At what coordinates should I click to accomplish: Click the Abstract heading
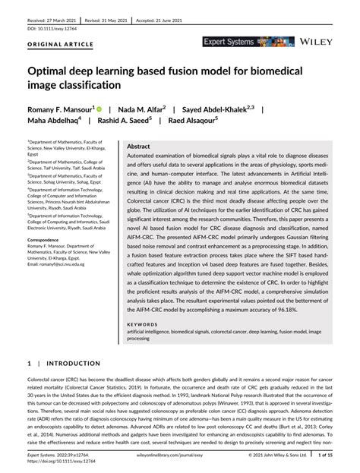tap(138, 145)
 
